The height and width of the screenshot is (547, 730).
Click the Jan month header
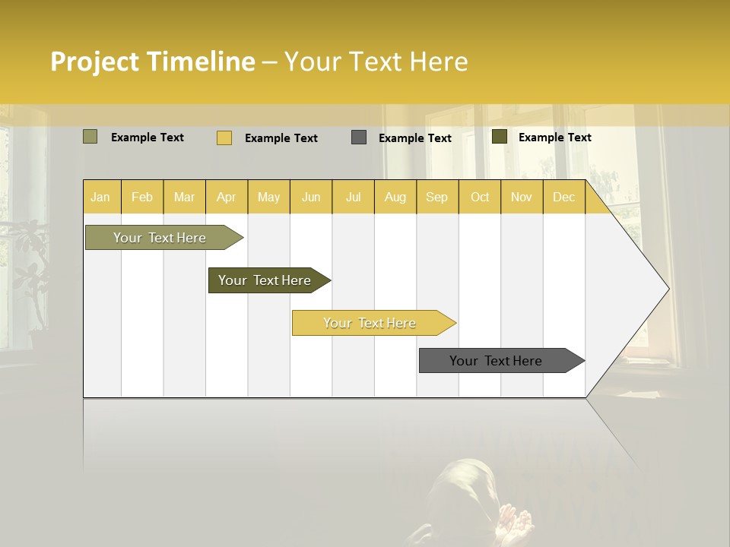pos(100,197)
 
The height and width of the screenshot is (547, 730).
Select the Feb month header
pos(142,197)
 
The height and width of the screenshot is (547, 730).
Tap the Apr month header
pos(226,197)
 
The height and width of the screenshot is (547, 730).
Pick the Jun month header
pos(311,197)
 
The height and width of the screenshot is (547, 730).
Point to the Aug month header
pos(395,197)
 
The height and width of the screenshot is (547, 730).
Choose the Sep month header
pos(436,197)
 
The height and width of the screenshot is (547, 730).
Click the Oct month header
pos(480,197)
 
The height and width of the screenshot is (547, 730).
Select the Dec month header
pos(563,197)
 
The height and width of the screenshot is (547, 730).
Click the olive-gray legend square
pos(90,137)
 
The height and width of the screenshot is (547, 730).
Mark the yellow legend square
pos(224,138)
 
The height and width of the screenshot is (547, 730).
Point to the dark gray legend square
pos(359,138)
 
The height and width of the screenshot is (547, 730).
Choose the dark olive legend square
pos(499,137)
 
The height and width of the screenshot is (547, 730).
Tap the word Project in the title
pos(94,62)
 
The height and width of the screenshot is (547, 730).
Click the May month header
pos(268,197)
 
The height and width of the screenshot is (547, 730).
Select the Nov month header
pos(521,197)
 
